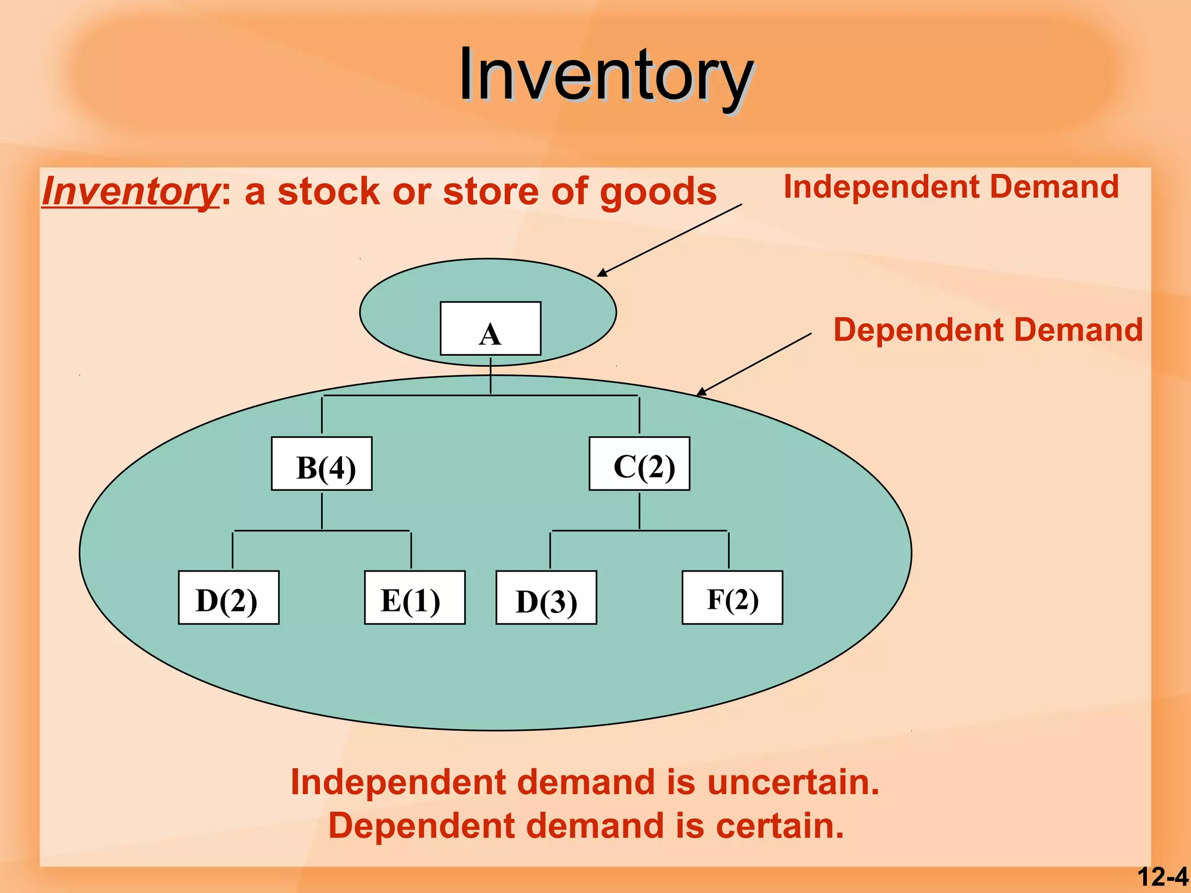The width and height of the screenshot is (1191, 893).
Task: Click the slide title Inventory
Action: [x=605, y=76]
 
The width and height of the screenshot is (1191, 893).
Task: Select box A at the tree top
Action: [x=490, y=328]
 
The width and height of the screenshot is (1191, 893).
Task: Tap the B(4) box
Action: [x=322, y=464]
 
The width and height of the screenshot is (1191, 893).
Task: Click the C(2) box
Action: [x=639, y=464]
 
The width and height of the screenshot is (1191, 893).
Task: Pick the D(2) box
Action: [x=229, y=598]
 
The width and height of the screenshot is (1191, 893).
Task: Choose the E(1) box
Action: [x=415, y=598]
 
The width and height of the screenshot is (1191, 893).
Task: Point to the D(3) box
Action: [x=546, y=598]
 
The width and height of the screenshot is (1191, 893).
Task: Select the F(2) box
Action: [x=732, y=598]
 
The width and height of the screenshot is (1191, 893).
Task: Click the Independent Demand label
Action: [x=951, y=187]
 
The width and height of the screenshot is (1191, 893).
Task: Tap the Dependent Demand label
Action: [x=987, y=330]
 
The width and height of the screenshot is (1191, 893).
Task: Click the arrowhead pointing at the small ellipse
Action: [x=602, y=273]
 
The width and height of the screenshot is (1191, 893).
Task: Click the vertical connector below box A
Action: [x=490, y=376]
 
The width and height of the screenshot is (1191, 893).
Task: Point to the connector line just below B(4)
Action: [x=322, y=510]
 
